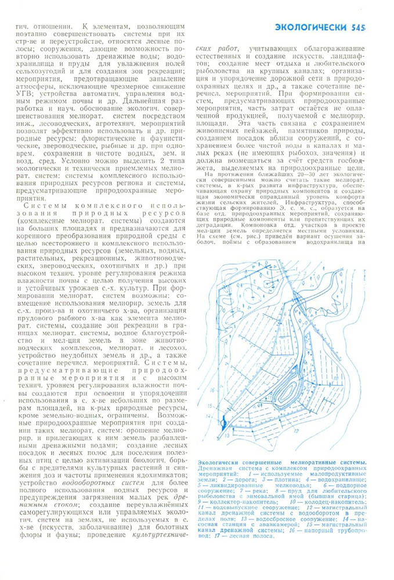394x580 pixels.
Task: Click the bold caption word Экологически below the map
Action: tap(220, 462)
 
